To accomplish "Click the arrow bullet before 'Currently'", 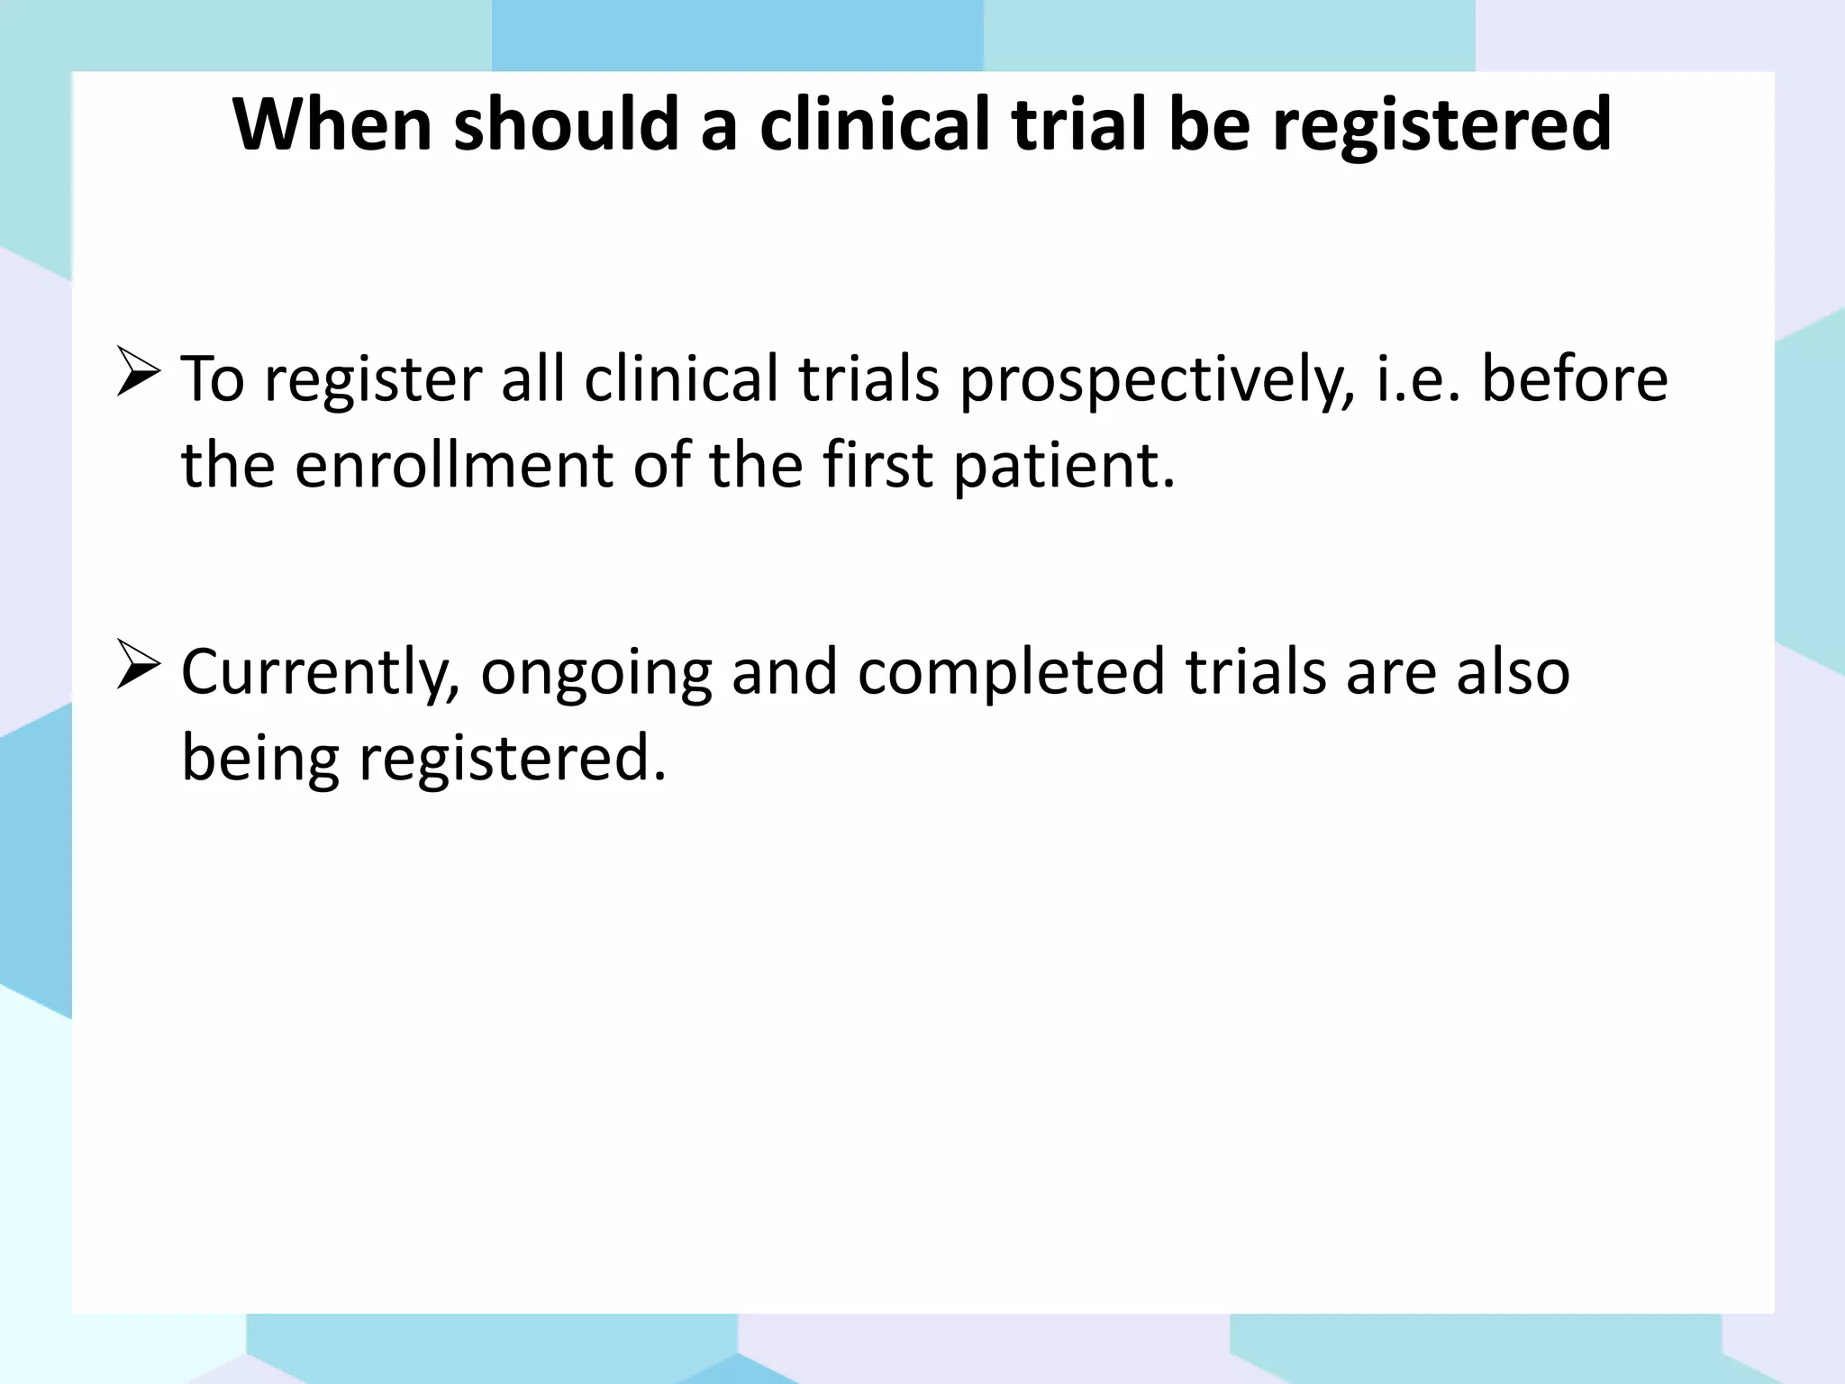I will click(138, 667).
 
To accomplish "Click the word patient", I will click(1064, 467).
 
